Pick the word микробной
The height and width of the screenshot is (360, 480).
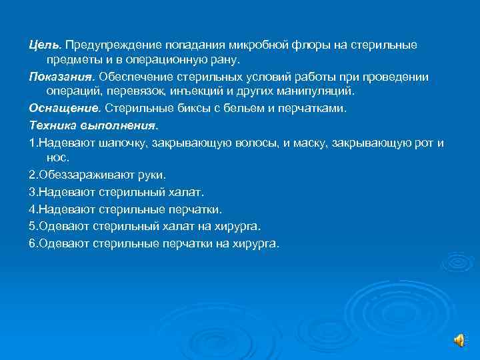(x=258, y=44)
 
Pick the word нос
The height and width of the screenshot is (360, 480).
(x=57, y=159)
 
